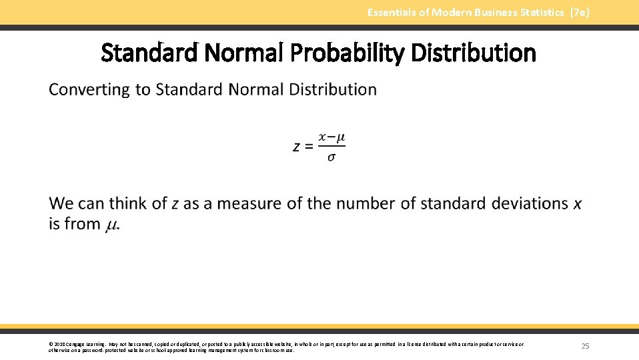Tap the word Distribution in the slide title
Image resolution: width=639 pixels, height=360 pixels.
click(474, 53)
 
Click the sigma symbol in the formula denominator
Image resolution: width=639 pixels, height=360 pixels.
click(332, 157)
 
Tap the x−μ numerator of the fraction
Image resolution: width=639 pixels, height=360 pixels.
click(332, 137)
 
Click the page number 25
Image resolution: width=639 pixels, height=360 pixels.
click(585, 346)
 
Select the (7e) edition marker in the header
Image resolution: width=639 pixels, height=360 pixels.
click(580, 12)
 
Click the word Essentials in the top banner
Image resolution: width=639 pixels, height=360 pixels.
click(392, 12)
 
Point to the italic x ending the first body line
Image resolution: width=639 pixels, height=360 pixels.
click(577, 203)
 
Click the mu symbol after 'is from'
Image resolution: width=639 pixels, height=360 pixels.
click(112, 225)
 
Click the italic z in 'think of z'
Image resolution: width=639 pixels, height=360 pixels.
click(175, 204)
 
